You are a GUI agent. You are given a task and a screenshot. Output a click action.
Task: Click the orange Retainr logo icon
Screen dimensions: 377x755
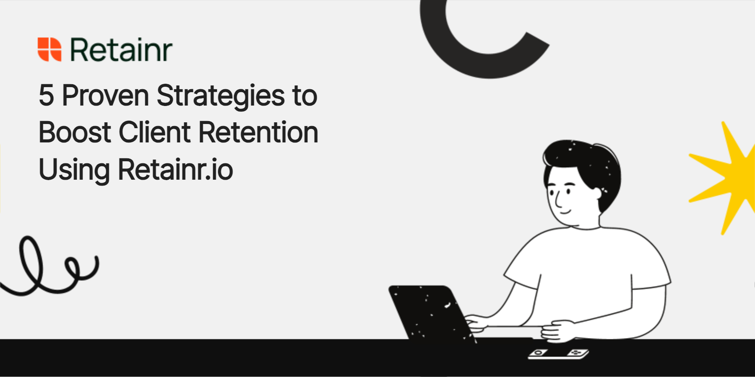point(49,49)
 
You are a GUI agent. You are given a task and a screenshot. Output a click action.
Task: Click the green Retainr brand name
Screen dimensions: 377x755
point(121,50)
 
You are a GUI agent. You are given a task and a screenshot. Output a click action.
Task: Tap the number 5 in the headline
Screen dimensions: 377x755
point(46,96)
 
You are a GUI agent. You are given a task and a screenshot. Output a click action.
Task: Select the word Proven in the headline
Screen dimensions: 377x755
point(105,96)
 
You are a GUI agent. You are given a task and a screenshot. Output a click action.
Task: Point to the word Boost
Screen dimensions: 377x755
point(75,132)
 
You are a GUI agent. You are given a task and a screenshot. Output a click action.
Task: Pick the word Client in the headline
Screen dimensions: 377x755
point(155,132)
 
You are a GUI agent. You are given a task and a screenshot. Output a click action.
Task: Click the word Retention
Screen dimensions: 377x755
point(258,132)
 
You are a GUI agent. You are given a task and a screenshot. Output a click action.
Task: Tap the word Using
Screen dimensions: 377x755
point(74,170)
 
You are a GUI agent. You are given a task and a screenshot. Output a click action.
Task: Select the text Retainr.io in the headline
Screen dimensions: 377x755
point(175,170)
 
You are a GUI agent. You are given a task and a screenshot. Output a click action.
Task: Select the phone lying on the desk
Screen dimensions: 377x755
point(558,354)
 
